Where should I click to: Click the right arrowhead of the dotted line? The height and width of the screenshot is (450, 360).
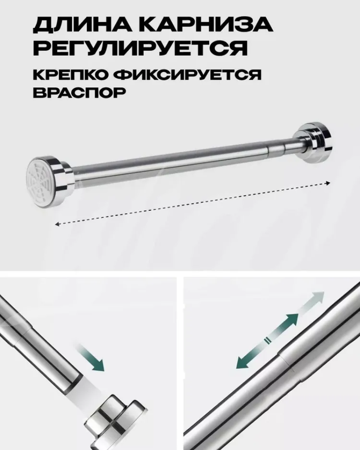tap(328, 183)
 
